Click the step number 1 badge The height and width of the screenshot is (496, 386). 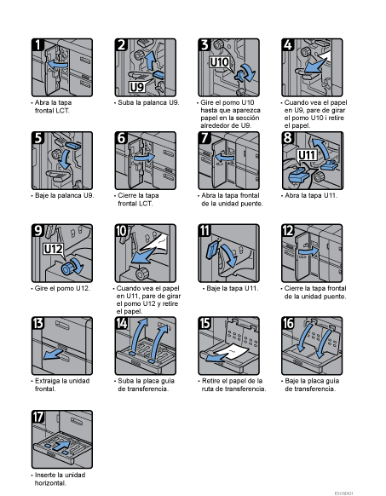[x=37, y=44]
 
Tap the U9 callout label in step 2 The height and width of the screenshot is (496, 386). [x=137, y=87]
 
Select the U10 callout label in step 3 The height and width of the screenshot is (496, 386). [x=219, y=61]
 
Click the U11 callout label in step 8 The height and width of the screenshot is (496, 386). [x=307, y=155]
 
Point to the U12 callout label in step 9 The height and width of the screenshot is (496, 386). [x=53, y=249]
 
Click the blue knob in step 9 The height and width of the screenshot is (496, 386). [x=67, y=268]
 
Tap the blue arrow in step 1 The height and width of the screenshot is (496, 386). [x=58, y=65]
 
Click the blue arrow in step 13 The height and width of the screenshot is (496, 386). [x=53, y=354]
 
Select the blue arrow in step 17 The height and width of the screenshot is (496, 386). [x=62, y=446]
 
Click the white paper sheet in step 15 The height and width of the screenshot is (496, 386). [x=232, y=350]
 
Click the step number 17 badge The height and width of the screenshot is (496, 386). [x=38, y=417]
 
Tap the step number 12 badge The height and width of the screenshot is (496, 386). [x=288, y=231]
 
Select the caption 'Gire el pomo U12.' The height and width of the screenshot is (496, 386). [x=62, y=289]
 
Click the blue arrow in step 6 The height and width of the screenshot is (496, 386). [x=144, y=158]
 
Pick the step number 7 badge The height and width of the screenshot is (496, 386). [x=205, y=138]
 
